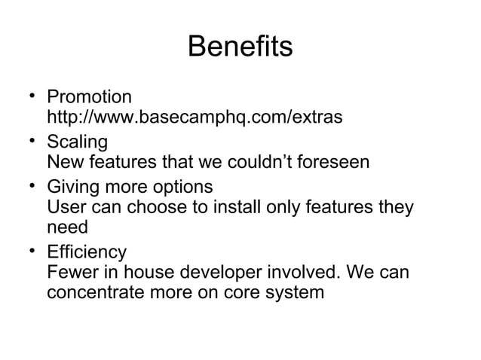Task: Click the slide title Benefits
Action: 240,47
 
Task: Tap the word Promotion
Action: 89,97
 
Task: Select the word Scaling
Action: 77,142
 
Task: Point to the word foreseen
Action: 336,163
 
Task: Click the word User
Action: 64,206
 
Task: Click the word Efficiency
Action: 87,251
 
